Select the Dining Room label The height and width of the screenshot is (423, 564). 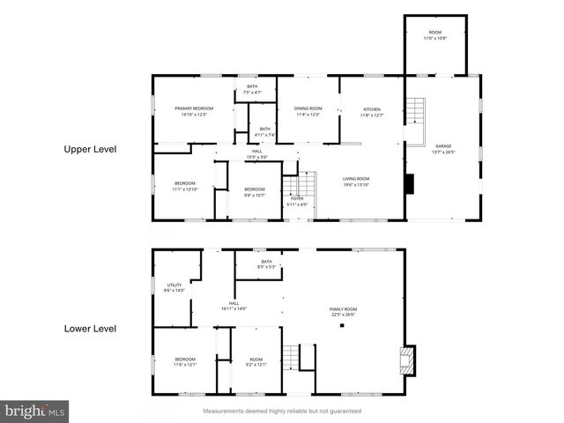[308, 110]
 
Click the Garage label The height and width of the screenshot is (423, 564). [442, 147]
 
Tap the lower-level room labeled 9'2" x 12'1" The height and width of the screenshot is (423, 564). [256, 361]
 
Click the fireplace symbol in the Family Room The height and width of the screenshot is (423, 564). [406, 356]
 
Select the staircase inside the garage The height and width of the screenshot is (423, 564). [415, 113]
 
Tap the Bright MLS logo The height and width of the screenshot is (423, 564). [35, 412]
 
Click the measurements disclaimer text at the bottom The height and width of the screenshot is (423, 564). [282, 412]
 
